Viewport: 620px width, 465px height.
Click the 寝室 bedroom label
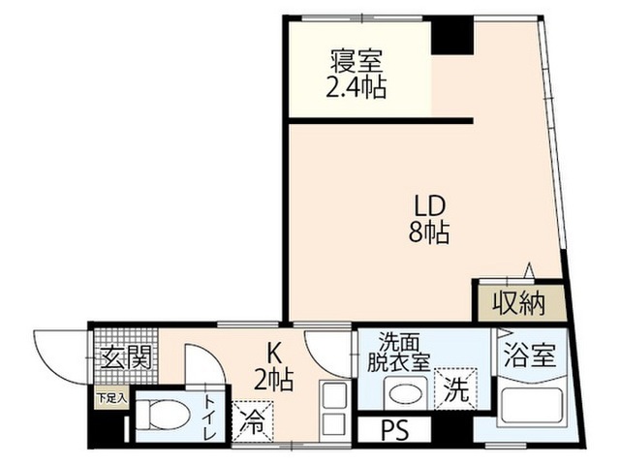(x=356, y=61)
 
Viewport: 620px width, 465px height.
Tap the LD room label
(x=429, y=205)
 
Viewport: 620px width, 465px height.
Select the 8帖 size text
(x=429, y=232)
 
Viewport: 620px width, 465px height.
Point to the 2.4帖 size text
(x=356, y=87)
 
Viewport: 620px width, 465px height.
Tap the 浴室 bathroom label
(x=530, y=356)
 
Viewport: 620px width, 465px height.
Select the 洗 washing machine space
(x=455, y=388)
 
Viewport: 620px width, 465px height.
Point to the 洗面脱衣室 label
(x=398, y=352)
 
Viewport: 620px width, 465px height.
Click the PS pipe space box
(x=394, y=430)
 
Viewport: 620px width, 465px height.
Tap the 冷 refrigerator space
(x=252, y=421)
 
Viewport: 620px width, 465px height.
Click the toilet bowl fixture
(x=163, y=415)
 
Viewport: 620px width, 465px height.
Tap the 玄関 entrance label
(x=127, y=357)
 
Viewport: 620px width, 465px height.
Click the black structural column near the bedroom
(x=452, y=35)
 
